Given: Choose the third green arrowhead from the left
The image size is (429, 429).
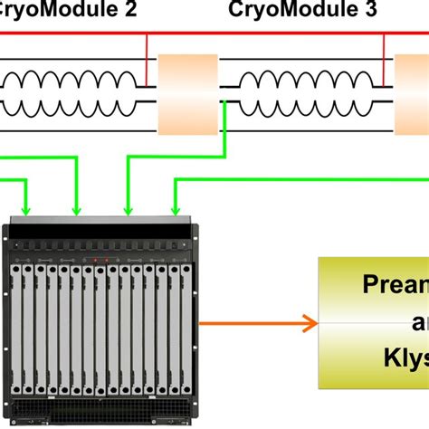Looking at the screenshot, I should (x=126, y=211).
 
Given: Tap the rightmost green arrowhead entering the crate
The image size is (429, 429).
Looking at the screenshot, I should (x=174, y=211).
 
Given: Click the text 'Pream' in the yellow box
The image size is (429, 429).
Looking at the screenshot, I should (x=394, y=287).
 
